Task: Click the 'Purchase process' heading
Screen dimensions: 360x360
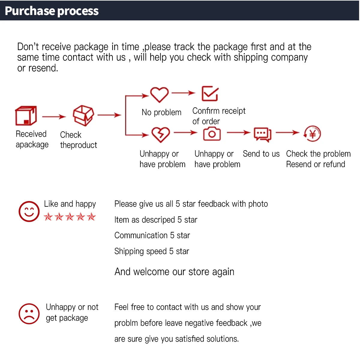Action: [52, 11]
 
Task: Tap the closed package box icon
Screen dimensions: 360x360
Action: [26, 115]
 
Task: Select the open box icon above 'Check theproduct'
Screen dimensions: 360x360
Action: [83, 115]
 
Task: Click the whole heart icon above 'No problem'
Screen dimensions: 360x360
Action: [159, 95]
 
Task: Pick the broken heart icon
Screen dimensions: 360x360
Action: [161, 135]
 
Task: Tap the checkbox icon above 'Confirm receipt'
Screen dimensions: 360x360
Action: [210, 93]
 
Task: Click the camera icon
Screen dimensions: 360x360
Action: [212, 133]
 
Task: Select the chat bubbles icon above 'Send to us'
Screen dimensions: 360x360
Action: [262, 134]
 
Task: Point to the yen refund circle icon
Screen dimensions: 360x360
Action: [312, 133]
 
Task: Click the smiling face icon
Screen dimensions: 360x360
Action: [29, 211]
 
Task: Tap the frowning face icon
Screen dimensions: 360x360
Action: [29, 314]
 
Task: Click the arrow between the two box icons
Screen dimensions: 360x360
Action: [54, 117]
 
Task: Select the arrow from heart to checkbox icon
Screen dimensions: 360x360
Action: [183, 93]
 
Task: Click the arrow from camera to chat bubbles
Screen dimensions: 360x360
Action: [238, 133]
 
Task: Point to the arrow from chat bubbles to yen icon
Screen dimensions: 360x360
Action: [287, 133]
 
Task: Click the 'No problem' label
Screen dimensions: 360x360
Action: [162, 112]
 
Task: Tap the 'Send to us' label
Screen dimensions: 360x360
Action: [261, 154]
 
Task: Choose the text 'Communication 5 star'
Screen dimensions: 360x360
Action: [152, 235]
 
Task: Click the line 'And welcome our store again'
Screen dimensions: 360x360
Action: [174, 271]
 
